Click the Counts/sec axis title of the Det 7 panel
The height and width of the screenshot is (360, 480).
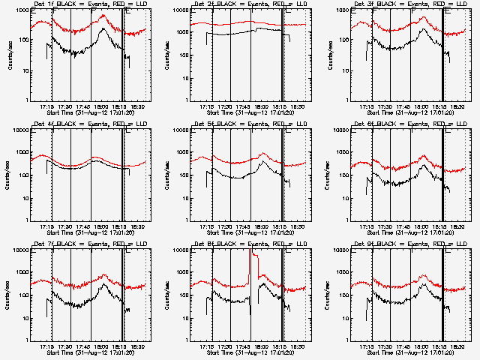[x=7, y=297]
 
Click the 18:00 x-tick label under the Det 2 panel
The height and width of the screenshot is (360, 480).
[x=260, y=106]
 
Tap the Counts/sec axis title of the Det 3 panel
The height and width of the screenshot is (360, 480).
[x=327, y=57]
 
